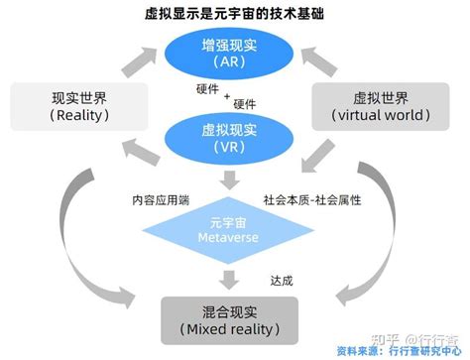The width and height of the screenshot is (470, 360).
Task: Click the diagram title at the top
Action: click(235, 13)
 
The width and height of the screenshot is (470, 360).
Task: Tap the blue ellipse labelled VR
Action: click(234, 135)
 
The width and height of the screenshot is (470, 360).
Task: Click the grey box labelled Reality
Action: click(76, 107)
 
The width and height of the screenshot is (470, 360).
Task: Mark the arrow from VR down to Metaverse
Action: click(235, 179)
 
